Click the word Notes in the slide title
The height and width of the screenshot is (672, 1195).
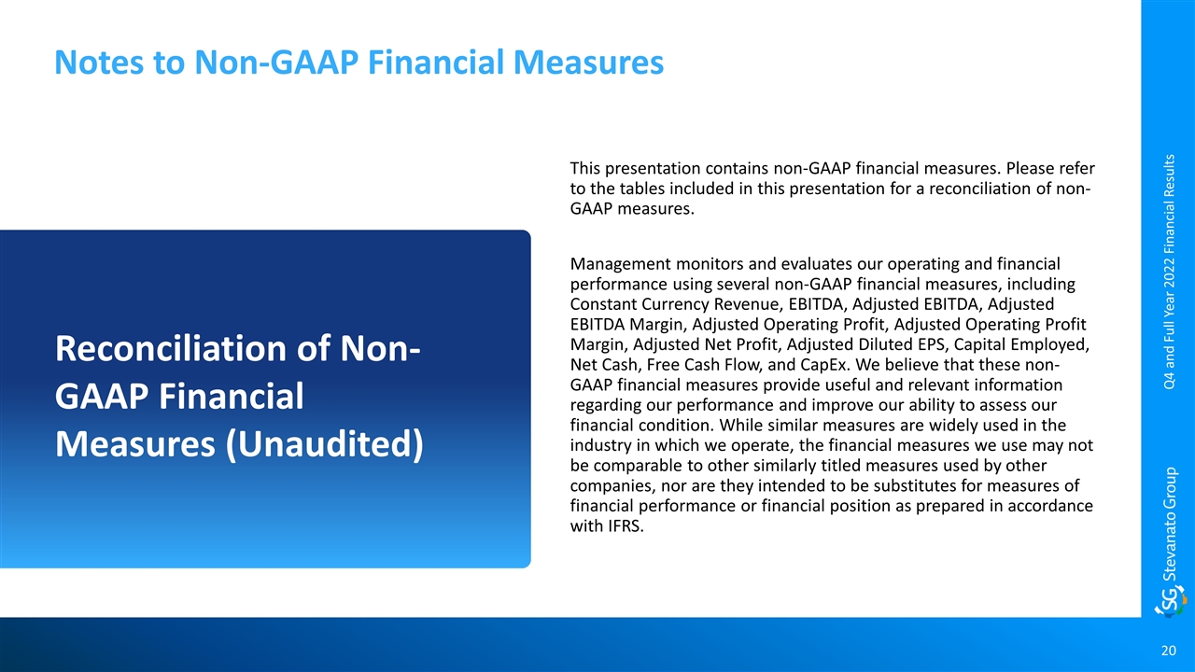click(99, 62)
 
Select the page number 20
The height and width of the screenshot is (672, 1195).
click(1168, 651)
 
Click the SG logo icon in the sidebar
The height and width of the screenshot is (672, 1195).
click(1171, 602)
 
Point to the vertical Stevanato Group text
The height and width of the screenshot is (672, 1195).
click(1170, 524)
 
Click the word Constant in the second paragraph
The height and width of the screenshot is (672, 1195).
click(603, 304)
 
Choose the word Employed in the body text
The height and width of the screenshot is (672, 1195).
click(1050, 344)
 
